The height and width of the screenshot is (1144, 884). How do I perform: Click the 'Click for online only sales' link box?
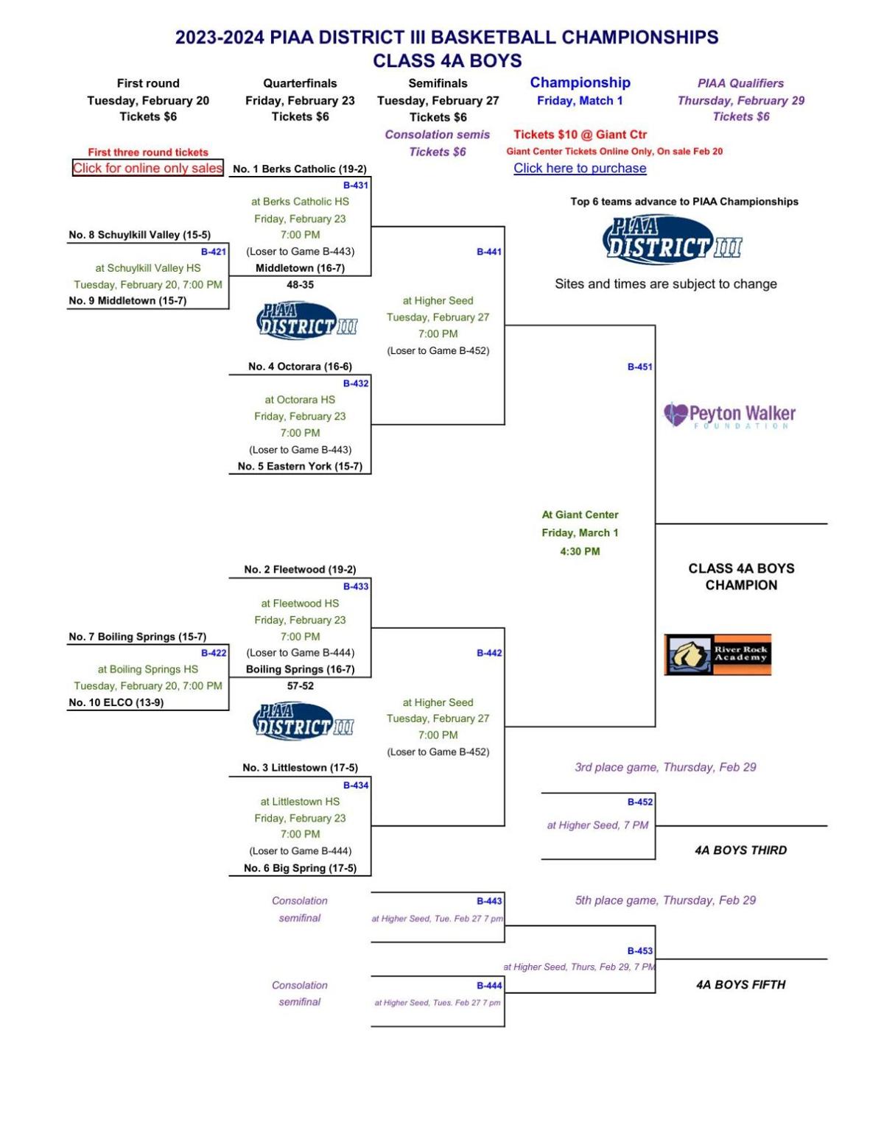click(x=147, y=168)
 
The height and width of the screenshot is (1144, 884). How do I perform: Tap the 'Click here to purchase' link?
click(x=580, y=168)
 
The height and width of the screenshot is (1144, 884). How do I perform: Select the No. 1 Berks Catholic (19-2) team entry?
click(x=299, y=169)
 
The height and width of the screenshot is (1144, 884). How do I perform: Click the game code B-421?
click(x=214, y=251)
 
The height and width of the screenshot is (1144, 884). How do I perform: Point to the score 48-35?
click(x=300, y=284)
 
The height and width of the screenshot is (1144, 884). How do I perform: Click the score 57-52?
click(x=300, y=685)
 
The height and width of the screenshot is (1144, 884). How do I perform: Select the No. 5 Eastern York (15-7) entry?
click(x=300, y=466)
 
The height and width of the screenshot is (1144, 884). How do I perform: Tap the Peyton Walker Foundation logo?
click(x=729, y=415)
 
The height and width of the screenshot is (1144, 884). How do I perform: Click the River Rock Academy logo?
click(x=718, y=654)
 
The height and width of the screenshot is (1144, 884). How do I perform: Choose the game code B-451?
click(x=639, y=367)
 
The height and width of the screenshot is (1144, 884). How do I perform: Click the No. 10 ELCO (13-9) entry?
click(x=116, y=702)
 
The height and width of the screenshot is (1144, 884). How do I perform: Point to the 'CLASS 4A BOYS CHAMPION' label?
click(x=741, y=576)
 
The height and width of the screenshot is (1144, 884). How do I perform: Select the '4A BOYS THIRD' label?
click(x=740, y=850)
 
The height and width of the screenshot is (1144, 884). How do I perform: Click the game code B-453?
click(x=639, y=950)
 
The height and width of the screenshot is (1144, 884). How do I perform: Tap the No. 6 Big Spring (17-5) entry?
click(x=300, y=868)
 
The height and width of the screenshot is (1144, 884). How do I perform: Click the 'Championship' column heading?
click(x=580, y=82)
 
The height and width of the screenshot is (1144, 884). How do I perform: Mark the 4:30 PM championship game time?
click(x=580, y=551)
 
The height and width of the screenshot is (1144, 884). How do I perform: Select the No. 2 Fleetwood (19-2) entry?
click(x=300, y=569)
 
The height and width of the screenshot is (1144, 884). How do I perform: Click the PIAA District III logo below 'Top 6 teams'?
click(x=672, y=240)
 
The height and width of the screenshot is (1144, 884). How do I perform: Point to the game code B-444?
click(x=489, y=985)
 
